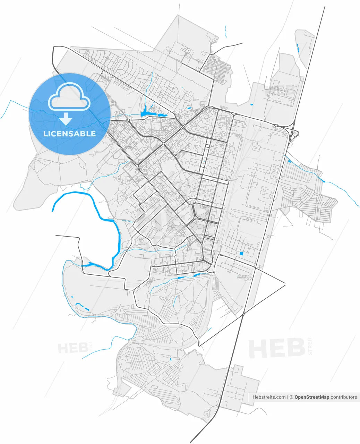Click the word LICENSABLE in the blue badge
pyautogui.click(x=69, y=134)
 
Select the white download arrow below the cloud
pyautogui.click(x=66, y=119)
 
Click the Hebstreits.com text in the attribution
pyautogui.click(x=269, y=397)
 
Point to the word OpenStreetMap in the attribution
pyautogui.click(x=312, y=397)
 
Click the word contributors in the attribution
pyautogui.click(x=344, y=397)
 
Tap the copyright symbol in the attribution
pyautogui.click(x=292, y=397)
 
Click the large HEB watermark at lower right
pyautogui.click(x=276, y=349)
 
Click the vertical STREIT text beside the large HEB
pyautogui.click(x=310, y=345)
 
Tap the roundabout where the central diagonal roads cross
pyautogui.click(x=163, y=143)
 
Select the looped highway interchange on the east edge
pyautogui.click(x=295, y=133)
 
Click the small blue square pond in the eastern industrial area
pyautogui.click(x=241, y=254)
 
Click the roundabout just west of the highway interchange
pyautogui.click(x=276, y=125)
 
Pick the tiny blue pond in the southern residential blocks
pyautogui.click(x=170, y=359)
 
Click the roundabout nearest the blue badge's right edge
pyautogui.click(x=128, y=120)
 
